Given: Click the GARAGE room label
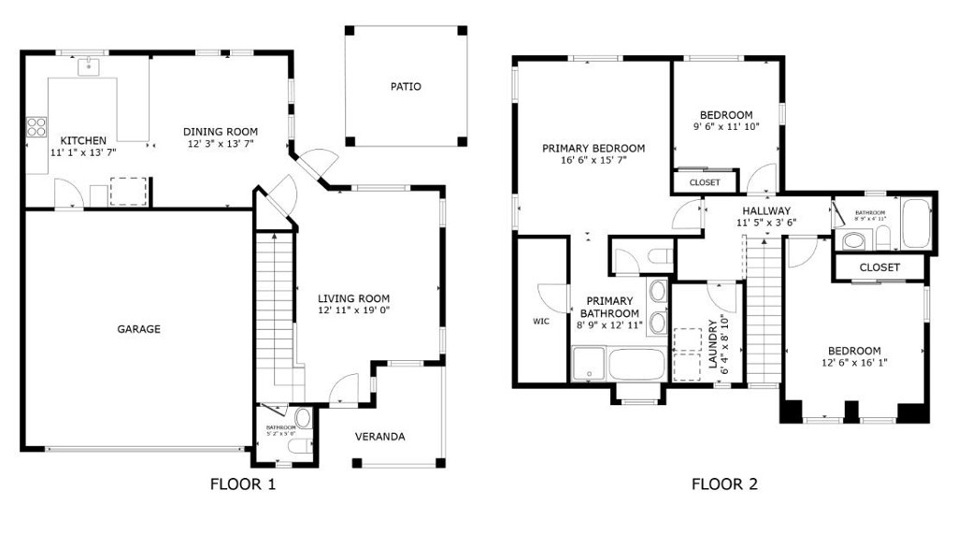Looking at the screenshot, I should tap(138, 329).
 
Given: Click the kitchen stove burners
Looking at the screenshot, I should tap(36, 124).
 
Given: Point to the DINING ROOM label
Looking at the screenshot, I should tap(220, 132).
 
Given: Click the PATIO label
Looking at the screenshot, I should tap(406, 87).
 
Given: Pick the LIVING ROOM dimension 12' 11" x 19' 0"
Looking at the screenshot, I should tap(353, 310).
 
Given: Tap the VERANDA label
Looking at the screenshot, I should tap(379, 437).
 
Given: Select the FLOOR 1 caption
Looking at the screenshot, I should tap(243, 484).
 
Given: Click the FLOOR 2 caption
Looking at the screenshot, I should tap(724, 484).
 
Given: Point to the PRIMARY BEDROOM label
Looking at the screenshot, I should tap(593, 148).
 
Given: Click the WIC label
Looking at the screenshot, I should tap(541, 321).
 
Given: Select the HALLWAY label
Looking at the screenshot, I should tap(766, 210).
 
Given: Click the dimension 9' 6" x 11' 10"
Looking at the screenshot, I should tap(726, 126).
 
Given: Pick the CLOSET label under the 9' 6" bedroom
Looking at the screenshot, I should tap(705, 182).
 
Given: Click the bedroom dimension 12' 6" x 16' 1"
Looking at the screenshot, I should tap(853, 363).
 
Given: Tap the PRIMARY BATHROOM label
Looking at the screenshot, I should tap(610, 307).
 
